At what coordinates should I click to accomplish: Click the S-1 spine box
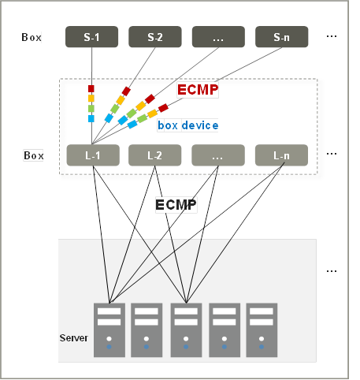[91, 37]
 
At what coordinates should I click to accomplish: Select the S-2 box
[155, 37]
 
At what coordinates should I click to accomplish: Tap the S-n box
[282, 37]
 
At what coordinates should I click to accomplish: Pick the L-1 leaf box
[93, 155]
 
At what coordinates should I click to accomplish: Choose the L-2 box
[154, 155]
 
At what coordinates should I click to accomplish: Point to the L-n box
[281, 155]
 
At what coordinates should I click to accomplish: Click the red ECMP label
[198, 90]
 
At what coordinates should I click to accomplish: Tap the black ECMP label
[176, 205]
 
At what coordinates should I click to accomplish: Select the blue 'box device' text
[187, 125]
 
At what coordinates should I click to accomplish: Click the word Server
[73, 338]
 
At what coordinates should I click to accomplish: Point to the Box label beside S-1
[32, 37]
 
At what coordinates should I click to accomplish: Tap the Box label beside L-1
[34, 155]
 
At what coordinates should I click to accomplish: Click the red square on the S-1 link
[91, 88]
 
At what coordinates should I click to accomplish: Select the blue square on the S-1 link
[91, 118]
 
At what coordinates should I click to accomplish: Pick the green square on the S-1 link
[91, 108]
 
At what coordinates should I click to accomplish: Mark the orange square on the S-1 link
[91, 99]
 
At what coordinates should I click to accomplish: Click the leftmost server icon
[109, 330]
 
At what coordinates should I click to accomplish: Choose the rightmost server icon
[262, 330]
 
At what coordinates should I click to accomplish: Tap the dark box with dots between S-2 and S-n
[218, 37]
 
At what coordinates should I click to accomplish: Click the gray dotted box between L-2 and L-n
[218, 155]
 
